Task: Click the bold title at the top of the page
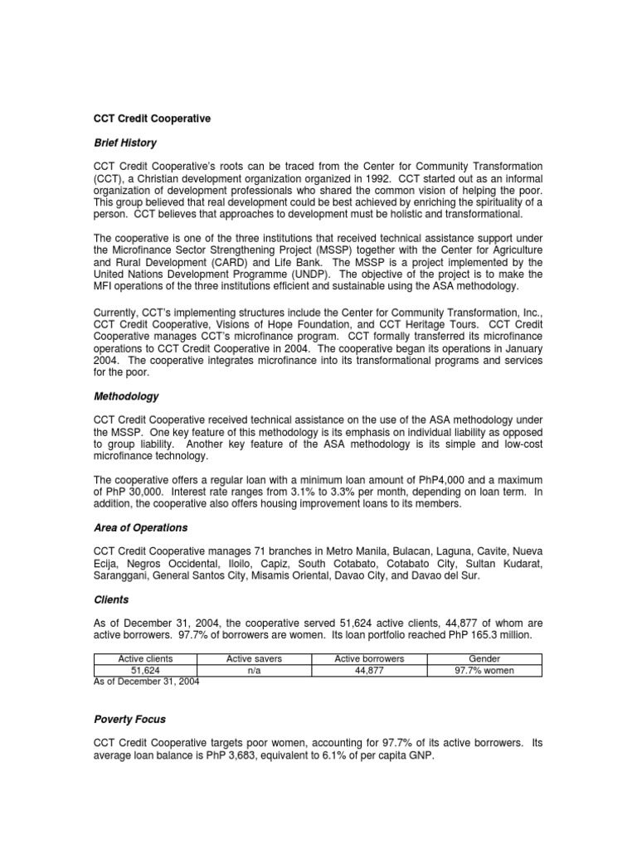[153, 119]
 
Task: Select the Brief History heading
[124, 143]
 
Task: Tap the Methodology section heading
[125, 397]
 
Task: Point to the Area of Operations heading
[141, 527]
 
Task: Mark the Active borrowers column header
[368, 658]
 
